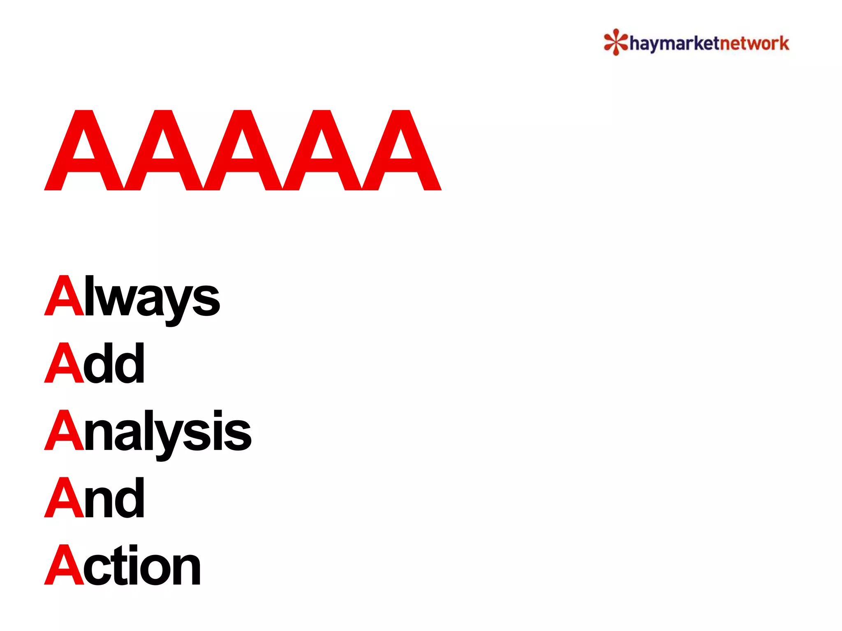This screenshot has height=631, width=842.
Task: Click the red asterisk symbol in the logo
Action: click(615, 42)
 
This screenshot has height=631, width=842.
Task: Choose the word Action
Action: click(123, 566)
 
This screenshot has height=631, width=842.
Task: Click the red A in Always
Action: click(64, 297)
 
